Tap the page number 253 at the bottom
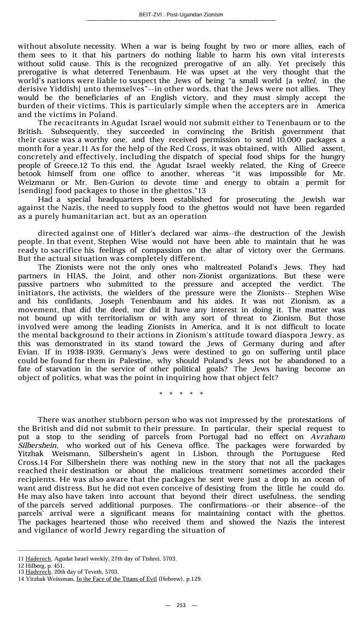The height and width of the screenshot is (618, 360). pyautogui.click(x=181, y=605)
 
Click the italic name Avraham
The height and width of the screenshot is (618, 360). pyautogui.click(x=328, y=437)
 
